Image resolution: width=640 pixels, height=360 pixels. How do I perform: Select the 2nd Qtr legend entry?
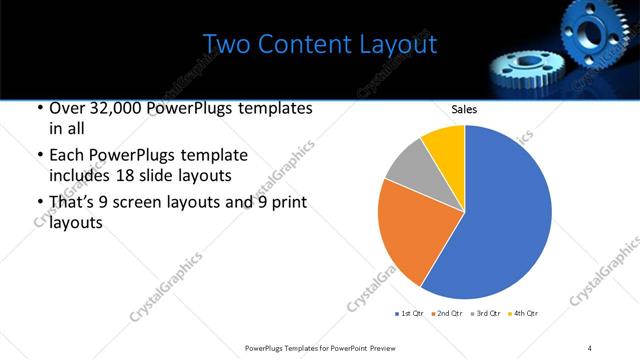(x=447, y=313)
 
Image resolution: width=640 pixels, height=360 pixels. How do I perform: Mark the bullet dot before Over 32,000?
(x=39, y=108)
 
